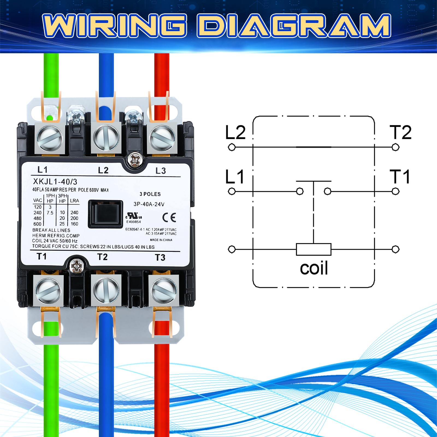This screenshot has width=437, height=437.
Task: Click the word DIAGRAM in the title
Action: (x=294, y=26)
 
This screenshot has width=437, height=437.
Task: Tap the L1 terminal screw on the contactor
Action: (x=49, y=138)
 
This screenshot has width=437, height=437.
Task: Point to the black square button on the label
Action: (x=105, y=214)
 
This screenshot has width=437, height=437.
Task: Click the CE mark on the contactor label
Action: (x=169, y=217)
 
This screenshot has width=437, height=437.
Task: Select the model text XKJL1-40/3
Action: (x=55, y=182)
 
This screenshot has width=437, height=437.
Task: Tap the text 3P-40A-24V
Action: (x=149, y=204)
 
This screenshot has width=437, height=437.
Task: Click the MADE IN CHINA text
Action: (x=161, y=240)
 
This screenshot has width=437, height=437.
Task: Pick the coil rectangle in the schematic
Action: (x=314, y=249)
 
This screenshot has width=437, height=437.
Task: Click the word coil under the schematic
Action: (x=314, y=268)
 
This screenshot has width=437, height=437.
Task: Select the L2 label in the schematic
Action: (x=235, y=132)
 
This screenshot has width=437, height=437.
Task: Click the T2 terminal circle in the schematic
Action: (x=395, y=147)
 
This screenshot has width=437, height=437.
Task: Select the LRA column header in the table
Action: (x=74, y=201)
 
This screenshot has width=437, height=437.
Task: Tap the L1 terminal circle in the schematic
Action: (x=232, y=191)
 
